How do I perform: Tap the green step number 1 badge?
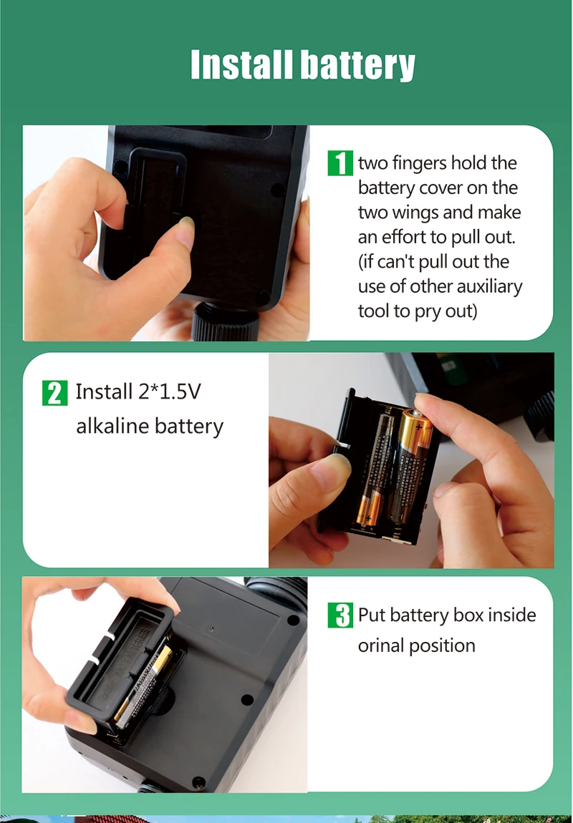coord(340,163)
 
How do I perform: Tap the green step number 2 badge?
coord(54,393)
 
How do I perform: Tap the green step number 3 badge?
coord(340,615)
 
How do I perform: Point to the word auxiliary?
coord(489,287)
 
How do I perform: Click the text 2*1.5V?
coord(170,391)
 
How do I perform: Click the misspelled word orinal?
coord(381,645)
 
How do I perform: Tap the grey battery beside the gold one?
coord(375,469)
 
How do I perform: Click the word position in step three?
coord(442,646)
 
